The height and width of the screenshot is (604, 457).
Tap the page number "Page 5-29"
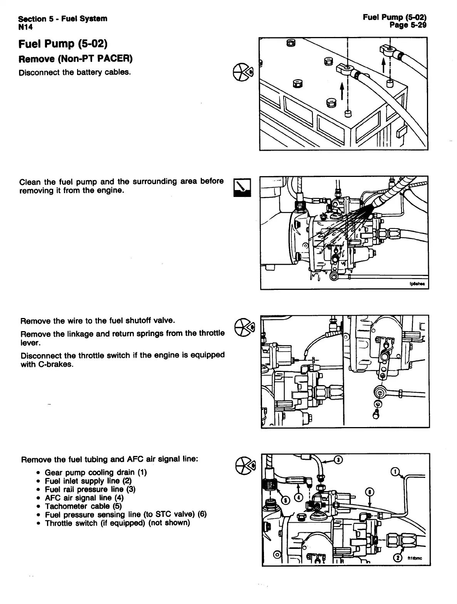408,25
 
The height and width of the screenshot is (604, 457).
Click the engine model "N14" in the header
25,27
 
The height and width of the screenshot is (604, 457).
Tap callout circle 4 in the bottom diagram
299,497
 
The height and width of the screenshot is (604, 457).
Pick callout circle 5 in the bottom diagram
286,500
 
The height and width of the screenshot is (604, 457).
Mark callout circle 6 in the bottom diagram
370,492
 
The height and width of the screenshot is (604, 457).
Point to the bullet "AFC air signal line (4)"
84,498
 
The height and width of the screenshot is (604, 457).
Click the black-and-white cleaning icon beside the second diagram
242,188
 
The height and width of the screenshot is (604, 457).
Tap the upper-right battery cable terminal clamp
388,49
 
